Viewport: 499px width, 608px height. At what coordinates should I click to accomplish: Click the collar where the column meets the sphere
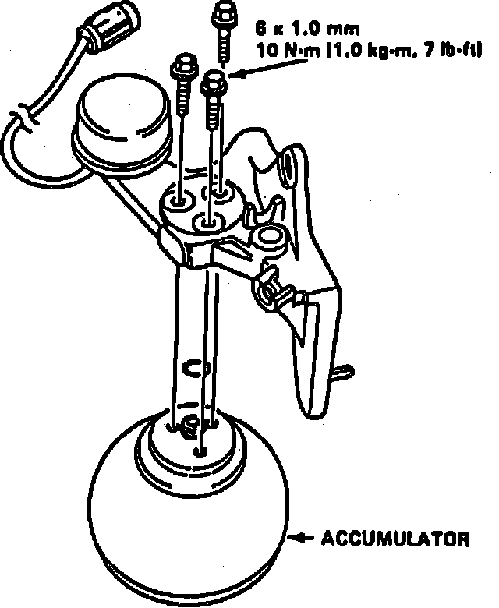point(187,444)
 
